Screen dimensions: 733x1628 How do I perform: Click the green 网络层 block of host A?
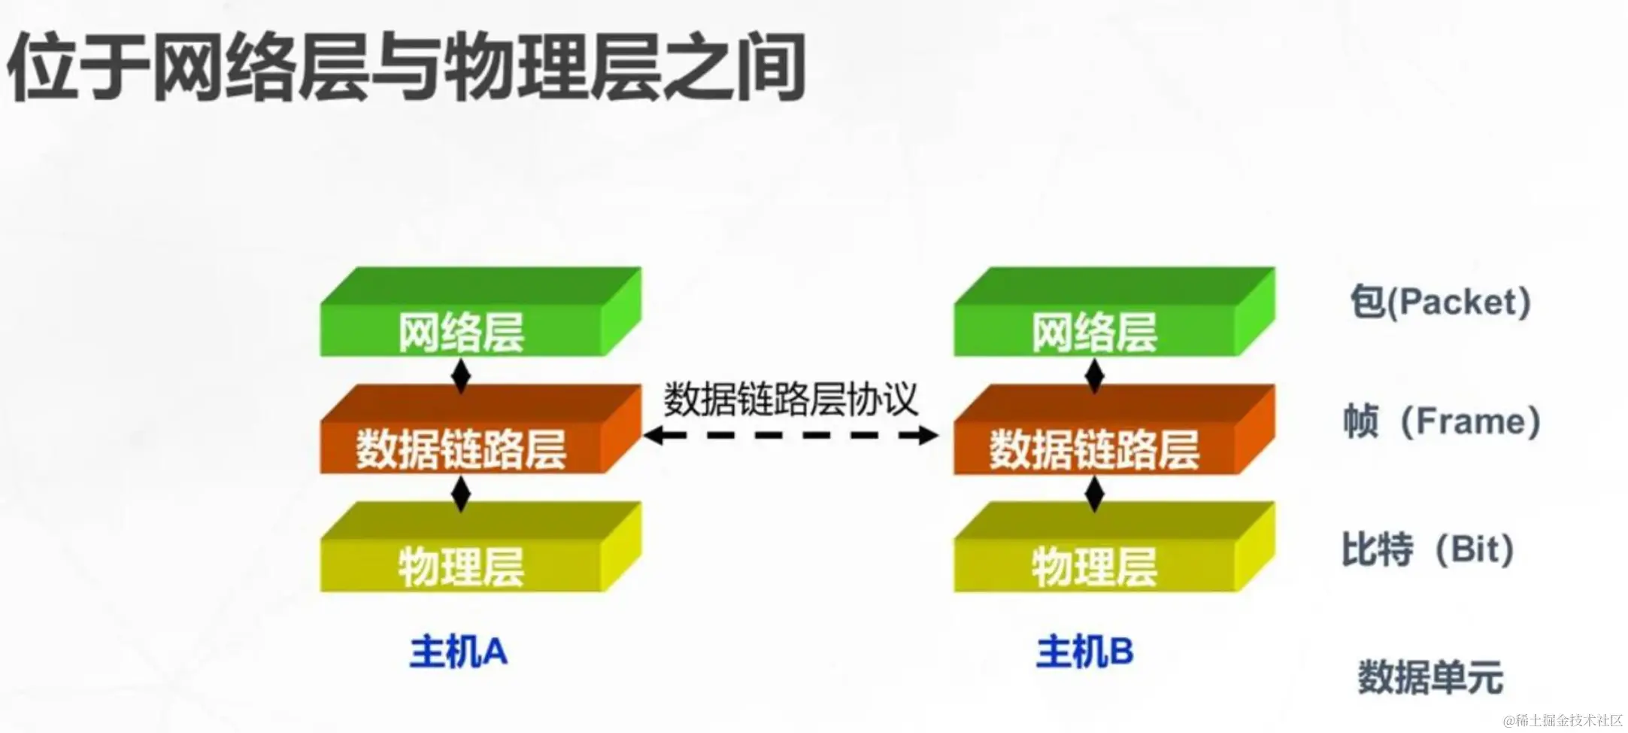click(461, 330)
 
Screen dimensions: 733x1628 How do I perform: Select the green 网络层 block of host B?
click(1094, 330)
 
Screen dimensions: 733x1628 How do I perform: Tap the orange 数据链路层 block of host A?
click(461, 449)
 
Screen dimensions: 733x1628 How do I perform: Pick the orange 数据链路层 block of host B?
click(1094, 449)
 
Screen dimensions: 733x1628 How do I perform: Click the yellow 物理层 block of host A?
click(461, 565)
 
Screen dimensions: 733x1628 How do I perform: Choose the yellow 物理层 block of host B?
click(1094, 565)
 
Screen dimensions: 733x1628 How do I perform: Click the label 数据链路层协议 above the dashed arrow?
click(790, 399)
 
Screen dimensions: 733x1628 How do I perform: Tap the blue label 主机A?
click(458, 652)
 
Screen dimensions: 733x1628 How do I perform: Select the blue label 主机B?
click(1084, 652)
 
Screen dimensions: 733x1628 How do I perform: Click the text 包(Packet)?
click(1440, 302)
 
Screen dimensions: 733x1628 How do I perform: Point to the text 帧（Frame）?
click(1442, 421)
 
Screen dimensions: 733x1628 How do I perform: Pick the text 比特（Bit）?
click(1428, 549)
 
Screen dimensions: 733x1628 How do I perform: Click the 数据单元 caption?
click(1430, 677)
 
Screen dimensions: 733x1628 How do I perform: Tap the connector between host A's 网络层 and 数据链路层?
click(461, 376)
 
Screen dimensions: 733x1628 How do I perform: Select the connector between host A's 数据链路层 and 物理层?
click(461, 494)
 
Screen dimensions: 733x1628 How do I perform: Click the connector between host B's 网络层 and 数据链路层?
click(1095, 376)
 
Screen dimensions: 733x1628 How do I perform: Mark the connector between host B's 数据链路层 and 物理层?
click(1095, 494)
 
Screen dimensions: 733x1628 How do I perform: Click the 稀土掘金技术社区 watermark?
click(1563, 720)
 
